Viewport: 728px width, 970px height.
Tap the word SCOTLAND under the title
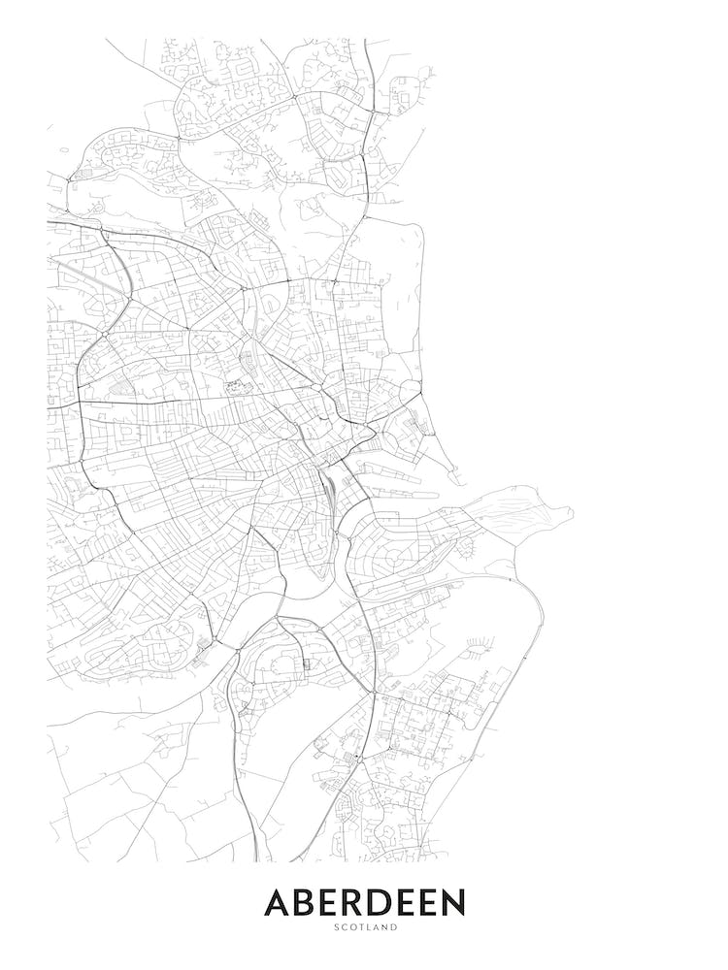[x=364, y=928]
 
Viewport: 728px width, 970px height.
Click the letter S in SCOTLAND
[x=334, y=928]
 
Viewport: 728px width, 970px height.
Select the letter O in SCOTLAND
[x=351, y=928]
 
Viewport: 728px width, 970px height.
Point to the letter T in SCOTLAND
[x=360, y=928]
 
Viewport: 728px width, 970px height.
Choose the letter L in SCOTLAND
[x=368, y=928]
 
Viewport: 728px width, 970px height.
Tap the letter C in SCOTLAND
[x=342, y=928]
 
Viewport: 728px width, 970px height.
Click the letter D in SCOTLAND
[x=395, y=928]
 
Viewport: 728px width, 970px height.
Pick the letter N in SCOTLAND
[x=385, y=928]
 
